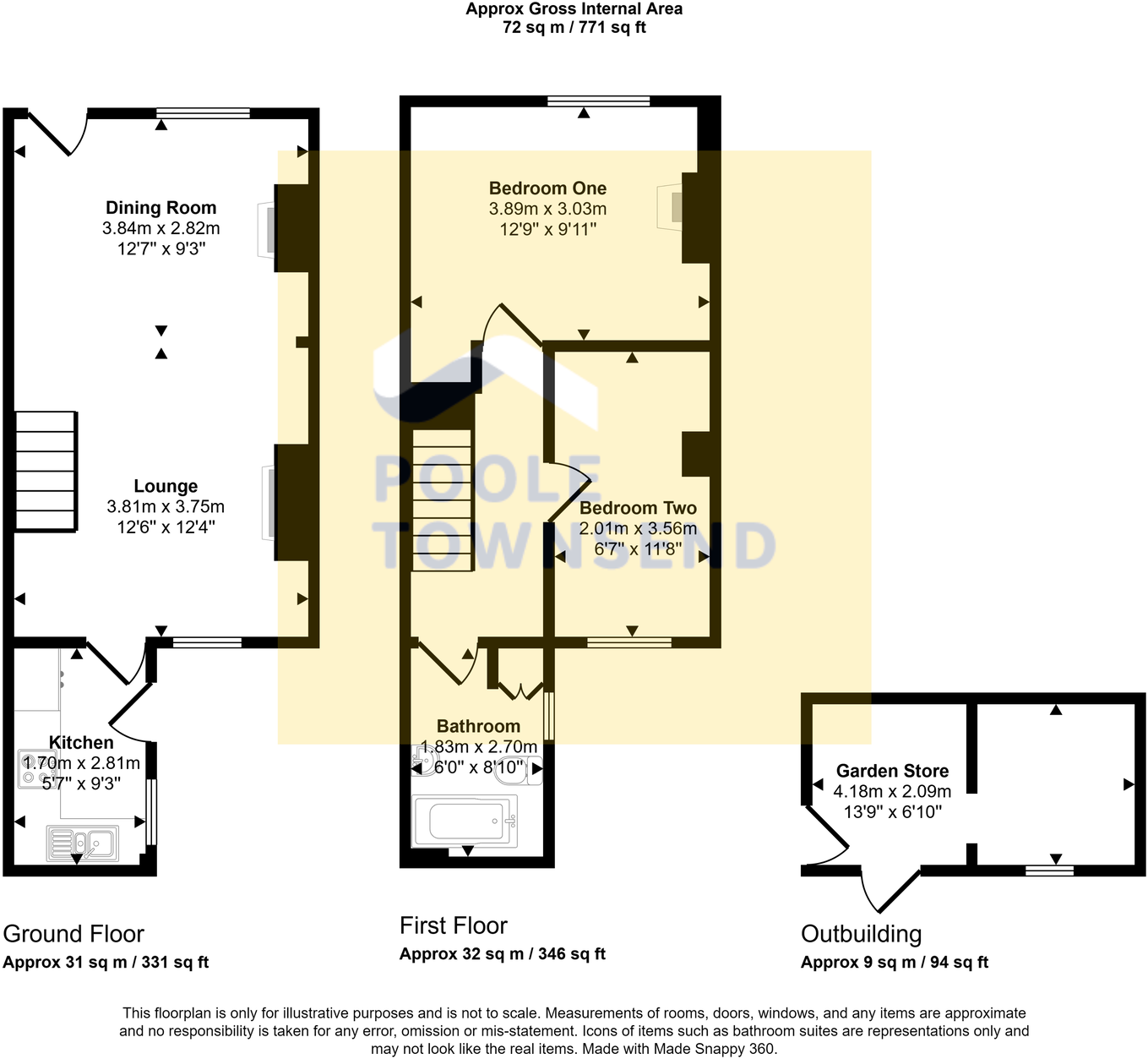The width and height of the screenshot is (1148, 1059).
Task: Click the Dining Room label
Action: [x=161, y=208]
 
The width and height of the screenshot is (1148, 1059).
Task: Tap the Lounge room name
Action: [x=166, y=486]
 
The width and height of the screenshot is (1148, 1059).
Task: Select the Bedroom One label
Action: [x=547, y=188]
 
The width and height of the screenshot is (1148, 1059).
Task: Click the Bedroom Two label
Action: [x=638, y=508]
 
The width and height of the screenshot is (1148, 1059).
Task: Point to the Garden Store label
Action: [x=892, y=771]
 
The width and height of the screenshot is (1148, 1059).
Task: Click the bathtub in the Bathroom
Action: [x=465, y=821]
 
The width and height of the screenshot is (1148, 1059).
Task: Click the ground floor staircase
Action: [x=46, y=472]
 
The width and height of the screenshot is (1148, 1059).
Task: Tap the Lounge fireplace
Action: [x=268, y=503]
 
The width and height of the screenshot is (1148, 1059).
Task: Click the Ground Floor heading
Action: [x=73, y=934]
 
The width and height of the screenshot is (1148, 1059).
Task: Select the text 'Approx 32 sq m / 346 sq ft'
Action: [x=502, y=954]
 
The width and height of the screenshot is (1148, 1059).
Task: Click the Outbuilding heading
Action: [x=861, y=934]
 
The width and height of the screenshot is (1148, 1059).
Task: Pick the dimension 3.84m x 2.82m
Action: [x=161, y=228]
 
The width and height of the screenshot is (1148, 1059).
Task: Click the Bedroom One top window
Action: [x=598, y=101]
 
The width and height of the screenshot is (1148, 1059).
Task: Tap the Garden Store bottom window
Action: [x=1049, y=870]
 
